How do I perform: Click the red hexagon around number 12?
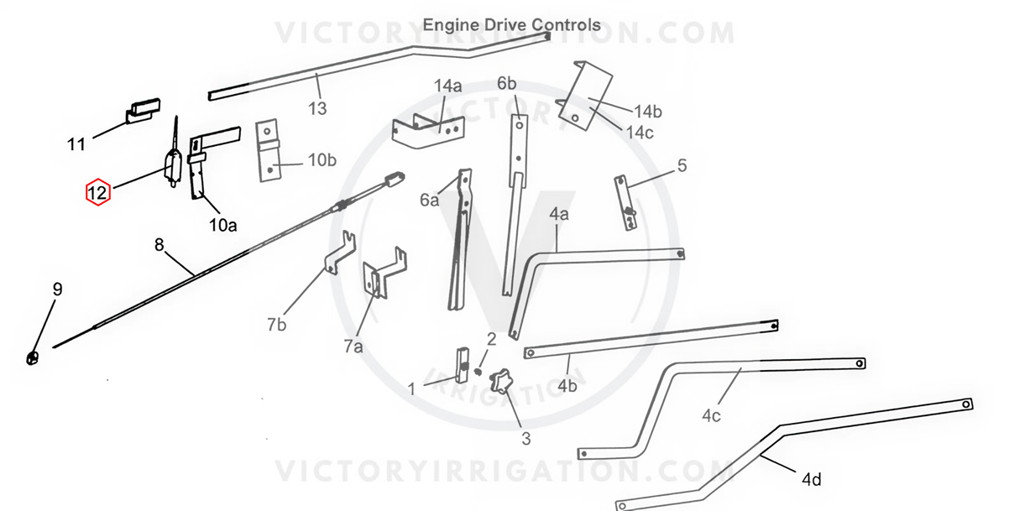coord(97,193)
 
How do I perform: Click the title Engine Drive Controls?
coord(511,24)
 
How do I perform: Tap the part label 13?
coord(317,108)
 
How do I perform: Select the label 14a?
coord(447,86)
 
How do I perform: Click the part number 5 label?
coord(682,165)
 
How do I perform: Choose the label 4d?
coord(811,480)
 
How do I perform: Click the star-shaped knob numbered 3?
coord(503,382)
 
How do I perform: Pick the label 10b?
coord(322,160)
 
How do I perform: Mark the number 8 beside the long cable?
coord(159,245)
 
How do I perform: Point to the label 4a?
coord(559,215)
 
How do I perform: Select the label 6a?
coord(430,199)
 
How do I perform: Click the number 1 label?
coord(411,388)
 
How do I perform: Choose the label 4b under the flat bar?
coord(567,386)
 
